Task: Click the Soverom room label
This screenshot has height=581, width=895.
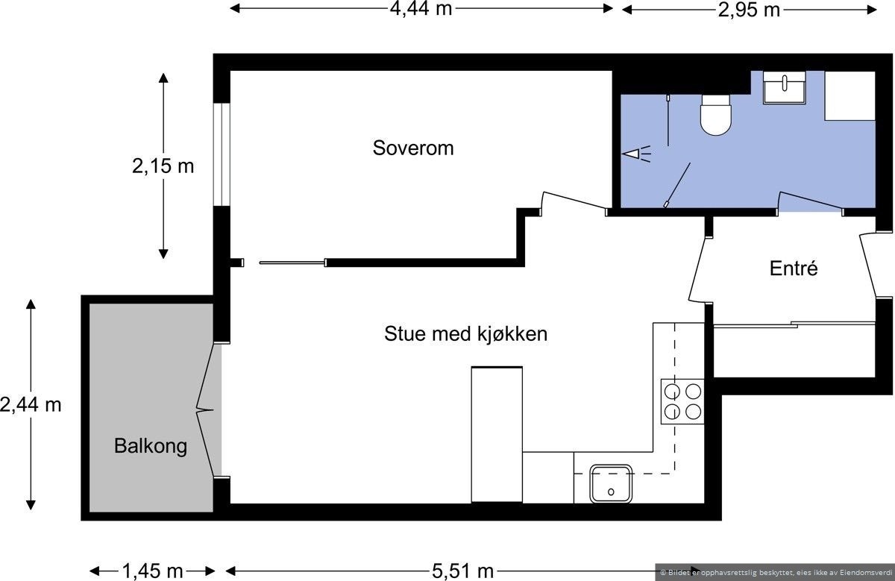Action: coord(413,148)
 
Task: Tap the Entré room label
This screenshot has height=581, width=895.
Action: coord(794,268)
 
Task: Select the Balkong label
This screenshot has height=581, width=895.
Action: coord(150,446)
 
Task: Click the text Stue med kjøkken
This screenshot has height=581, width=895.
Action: coord(465,333)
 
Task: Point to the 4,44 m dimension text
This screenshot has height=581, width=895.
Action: coord(421,9)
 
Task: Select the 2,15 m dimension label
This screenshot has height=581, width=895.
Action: coord(163,166)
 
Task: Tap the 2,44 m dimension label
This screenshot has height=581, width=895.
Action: coord(31,405)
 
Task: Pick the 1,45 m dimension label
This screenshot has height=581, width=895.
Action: coord(152,571)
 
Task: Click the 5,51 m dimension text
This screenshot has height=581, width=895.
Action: coord(462,571)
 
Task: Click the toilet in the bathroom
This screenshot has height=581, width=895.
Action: coord(717,115)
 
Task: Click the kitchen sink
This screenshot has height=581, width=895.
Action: coord(611,483)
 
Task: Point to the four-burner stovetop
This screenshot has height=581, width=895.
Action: coord(682,401)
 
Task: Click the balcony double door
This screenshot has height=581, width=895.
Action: coord(207,409)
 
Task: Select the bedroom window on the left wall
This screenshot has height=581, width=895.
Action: coord(222,154)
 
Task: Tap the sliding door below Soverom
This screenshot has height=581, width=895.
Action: coord(292,263)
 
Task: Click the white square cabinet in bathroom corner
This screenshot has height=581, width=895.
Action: coord(850,95)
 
